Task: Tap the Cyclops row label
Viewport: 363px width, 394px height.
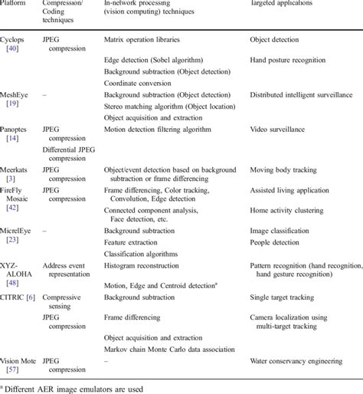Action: click(x=14, y=38)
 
